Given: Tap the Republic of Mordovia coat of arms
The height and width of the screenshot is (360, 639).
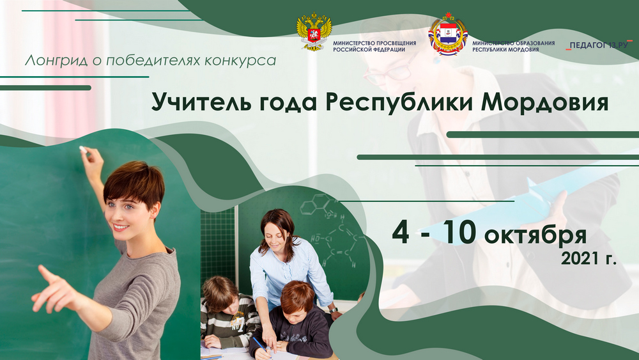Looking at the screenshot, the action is tap(448, 35).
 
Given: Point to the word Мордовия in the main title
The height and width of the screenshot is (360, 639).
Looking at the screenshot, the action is tap(544, 102).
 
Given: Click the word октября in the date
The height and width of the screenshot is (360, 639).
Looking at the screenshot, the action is tap(535, 236).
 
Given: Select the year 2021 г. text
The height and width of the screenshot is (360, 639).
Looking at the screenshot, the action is tap(589, 258).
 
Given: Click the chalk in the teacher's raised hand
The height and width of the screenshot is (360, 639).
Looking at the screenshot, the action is tap(83, 149).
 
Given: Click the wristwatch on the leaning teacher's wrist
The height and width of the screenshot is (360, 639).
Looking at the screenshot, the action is tap(334, 310).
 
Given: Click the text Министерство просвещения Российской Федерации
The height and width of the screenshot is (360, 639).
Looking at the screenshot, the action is tap(374, 46).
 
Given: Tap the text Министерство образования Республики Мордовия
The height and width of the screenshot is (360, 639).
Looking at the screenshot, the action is tap(513, 46).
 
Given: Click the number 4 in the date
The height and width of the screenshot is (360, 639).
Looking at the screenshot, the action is tap(401, 233).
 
